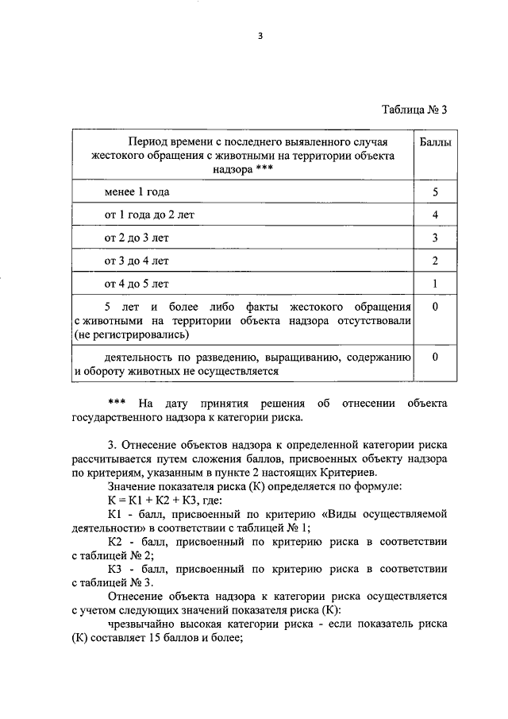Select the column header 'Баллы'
click(x=435, y=141)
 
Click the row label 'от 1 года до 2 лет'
click(x=149, y=215)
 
